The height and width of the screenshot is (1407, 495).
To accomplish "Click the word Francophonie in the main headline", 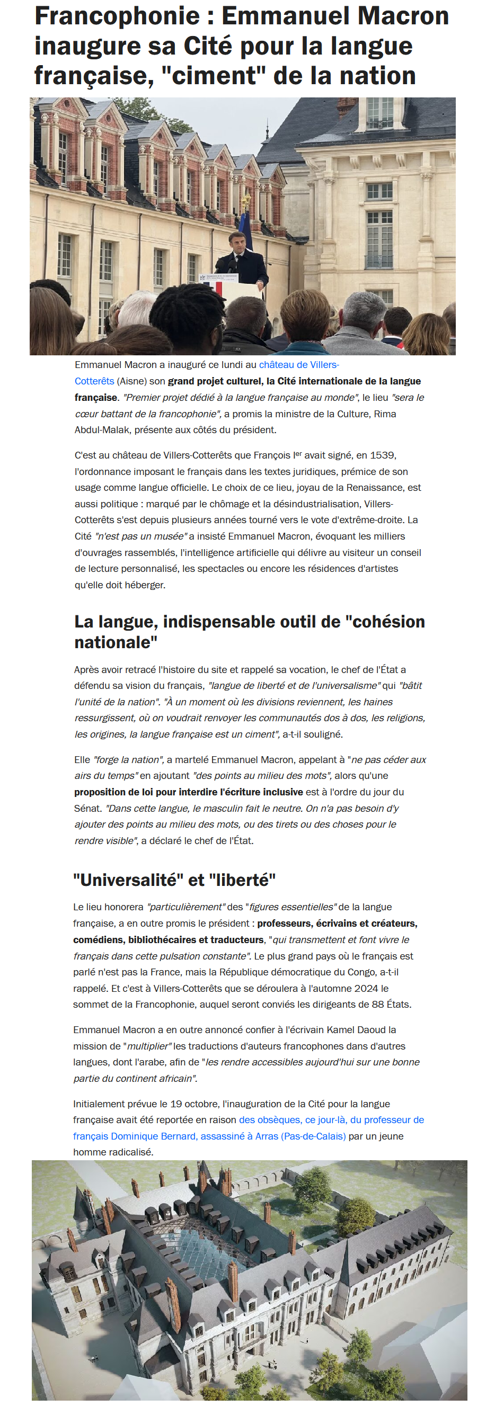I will point(118,16).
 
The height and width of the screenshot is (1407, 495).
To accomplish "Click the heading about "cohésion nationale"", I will point(249,631).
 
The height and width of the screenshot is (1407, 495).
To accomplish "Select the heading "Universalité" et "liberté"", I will point(174,880).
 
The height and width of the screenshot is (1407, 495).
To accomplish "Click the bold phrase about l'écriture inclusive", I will point(189,792).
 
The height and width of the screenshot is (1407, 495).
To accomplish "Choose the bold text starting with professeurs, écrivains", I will point(337,923).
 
